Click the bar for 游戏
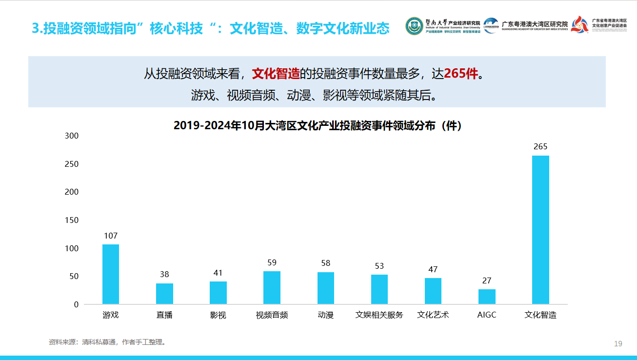[111, 274]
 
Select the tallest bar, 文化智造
[540, 230]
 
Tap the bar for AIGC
[487, 297]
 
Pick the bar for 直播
[164, 294]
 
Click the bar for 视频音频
[272, 288]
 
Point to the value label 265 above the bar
[540, 146]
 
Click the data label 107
[111, 236]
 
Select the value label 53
[379, 266]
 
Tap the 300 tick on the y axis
[72, 136]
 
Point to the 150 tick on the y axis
[72, 220]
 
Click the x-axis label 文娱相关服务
[379, 315]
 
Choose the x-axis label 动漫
[326, 315]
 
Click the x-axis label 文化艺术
[433, 315]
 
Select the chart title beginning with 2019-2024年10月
[318, 126]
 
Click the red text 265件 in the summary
[461, 74]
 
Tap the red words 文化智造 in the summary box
[276, 74]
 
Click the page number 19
[618, 344]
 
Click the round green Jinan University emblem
[414, 26]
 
